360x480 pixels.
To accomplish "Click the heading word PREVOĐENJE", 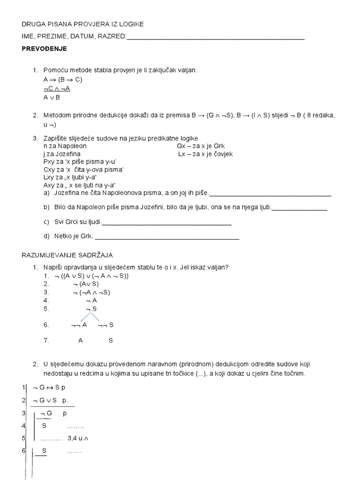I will point(44,49).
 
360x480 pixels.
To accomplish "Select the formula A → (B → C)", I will point(63,79).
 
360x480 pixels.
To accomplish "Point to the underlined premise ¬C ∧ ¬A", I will point(57,88).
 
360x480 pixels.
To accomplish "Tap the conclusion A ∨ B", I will point(52,97).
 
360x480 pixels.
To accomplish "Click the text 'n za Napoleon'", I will point(65,146).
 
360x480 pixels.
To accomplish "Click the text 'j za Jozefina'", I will point(62,154).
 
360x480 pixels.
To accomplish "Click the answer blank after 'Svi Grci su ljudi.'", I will point(166,224).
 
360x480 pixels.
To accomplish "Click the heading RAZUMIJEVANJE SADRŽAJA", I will point(67,255).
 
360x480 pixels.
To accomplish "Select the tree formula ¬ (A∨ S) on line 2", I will point(86,284).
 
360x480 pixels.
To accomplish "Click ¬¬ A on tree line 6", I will point(79,325).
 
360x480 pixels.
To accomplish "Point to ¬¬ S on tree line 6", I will point(106,325).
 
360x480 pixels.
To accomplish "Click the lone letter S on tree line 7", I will point(111,341).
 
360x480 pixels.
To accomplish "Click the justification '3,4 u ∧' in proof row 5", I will point(78,438).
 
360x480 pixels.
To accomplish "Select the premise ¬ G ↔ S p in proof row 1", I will point(50,388).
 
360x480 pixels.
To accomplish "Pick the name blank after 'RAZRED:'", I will point(216,38).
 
